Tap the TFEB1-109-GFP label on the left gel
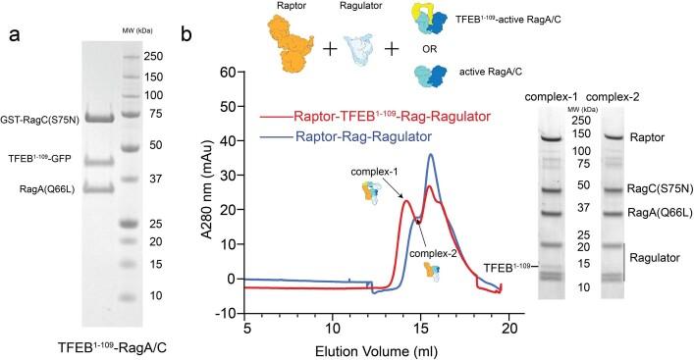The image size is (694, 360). [x=56, y=158]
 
